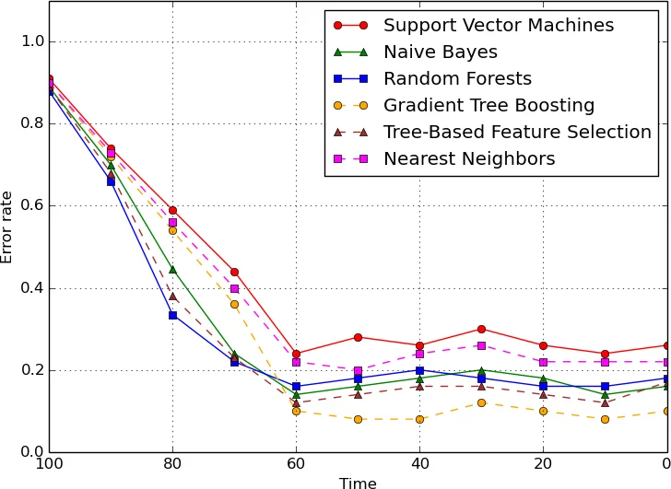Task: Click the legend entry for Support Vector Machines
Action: tap(499, 26)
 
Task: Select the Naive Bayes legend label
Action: tap(441, 52)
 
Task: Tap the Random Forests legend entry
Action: tap(457, 79)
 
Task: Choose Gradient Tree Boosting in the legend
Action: tap(489, 106)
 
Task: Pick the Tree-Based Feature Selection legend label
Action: tap(517, 133)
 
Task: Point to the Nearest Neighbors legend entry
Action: tap(469, 159)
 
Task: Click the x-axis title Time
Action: tap(358, 483)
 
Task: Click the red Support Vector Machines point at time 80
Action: tap(172, 210)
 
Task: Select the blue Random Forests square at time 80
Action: tap(172, 315)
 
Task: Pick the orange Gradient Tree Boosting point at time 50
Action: tap(358, 419)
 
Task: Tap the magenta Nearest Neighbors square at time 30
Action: tap(481, 345)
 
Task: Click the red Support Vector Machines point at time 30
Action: tap(481, 329)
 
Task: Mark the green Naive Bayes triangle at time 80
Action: tap(172, 270)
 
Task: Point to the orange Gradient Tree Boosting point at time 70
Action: tap(234, 304)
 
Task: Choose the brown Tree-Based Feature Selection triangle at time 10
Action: tap(605, 402)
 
